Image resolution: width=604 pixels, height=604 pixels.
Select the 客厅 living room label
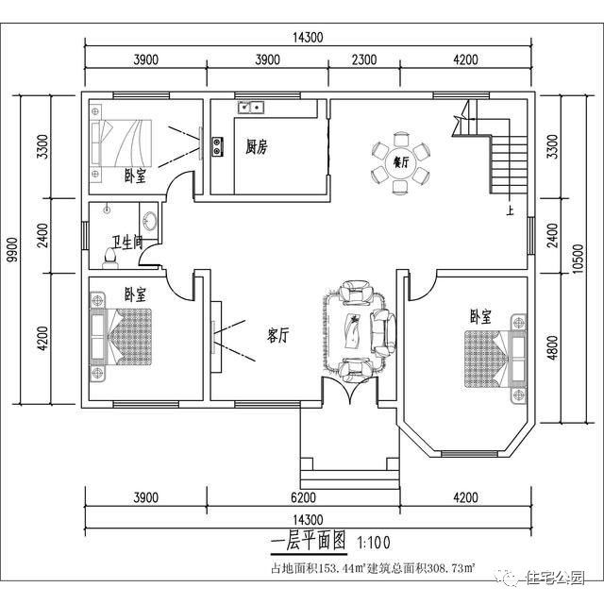(277, 334)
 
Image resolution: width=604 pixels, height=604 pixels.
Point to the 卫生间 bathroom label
(126, 243)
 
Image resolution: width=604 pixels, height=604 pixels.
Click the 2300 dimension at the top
(364, 59)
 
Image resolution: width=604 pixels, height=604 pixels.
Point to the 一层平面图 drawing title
(309, 542)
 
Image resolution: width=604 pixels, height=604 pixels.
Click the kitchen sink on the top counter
(249, 108)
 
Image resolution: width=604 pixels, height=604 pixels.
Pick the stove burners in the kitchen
(218, 145)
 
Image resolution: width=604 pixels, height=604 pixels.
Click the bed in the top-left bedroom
(121, 143)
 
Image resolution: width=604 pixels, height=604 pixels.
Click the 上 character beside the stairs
(511, 211)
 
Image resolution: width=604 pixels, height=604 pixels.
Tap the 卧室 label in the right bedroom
(480, 317)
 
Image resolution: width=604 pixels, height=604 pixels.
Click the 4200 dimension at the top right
(465, 59)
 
